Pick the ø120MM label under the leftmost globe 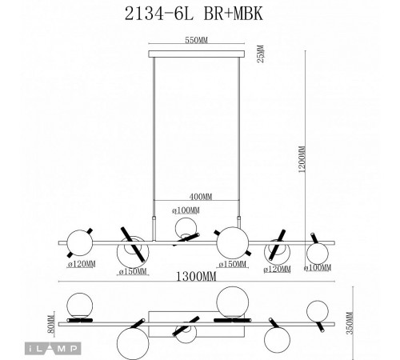tap(81, 264)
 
